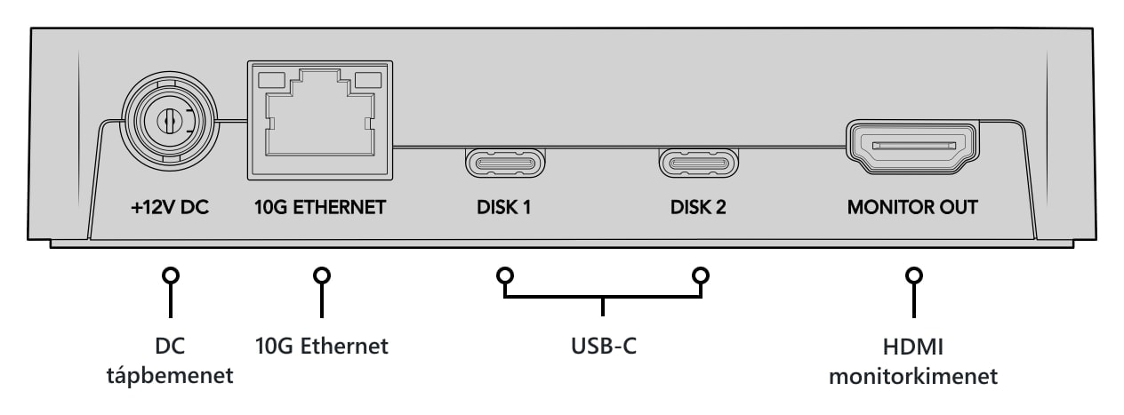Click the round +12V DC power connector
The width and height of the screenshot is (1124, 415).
click(x=170, y=121)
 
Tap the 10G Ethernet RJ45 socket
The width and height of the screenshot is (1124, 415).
click(x=320, y=120)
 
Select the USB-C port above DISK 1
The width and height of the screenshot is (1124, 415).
click(x=505, y=163)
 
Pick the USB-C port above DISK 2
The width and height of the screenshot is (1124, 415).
click(x=698, y=163)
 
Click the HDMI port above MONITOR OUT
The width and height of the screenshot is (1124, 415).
click(x=912, y=147)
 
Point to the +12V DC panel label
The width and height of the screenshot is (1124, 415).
click(x=170, y=207)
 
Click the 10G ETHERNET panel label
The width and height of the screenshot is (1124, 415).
click(x=320, y=207)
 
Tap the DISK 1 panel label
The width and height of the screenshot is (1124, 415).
click(x=504, y=207)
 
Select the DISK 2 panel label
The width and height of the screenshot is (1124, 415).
click(x=698, y=207)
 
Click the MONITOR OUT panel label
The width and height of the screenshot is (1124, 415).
click(x=912, y=207)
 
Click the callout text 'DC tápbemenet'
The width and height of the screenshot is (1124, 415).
click(x=170, y=361)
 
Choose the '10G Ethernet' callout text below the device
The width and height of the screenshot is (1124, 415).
click(x=322, y=346)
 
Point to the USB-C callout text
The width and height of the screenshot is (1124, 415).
click(x=604, y=346)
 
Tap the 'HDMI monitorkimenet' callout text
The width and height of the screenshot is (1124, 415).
click(x=913, y=362)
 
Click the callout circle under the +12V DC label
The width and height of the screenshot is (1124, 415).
click(x=171, y=275)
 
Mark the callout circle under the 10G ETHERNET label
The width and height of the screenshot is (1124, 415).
click(x=322, y=275)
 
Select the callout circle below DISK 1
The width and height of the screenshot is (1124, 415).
click(x=505, y=275)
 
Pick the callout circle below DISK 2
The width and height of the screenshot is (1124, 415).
click(x=701, y=275)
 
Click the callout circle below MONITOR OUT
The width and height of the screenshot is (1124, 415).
click(x=914, y=275)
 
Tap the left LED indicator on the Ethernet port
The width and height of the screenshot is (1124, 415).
click(x=271, y=80)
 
